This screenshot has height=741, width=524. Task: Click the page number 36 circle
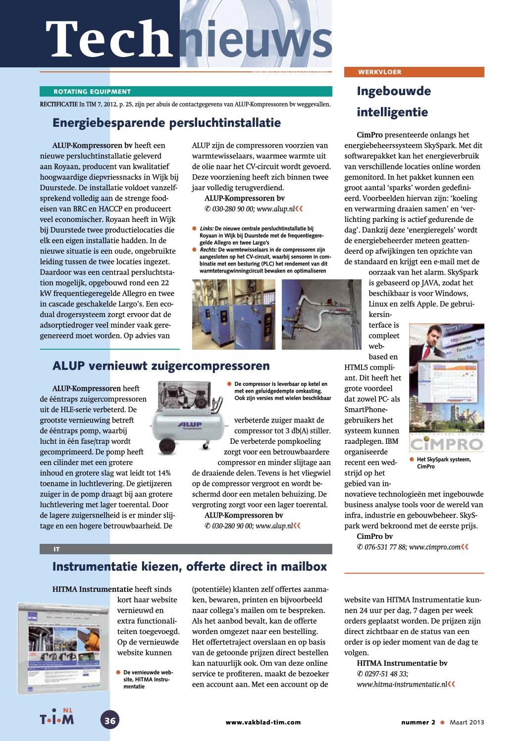pyautogui.click(x=110, y=720)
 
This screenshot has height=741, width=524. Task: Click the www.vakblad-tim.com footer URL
pyautogui.click(x=263, y=722)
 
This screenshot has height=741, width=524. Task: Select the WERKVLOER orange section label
pyautogui.click(x=380, y=72)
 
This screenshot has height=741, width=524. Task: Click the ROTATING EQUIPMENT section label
pyautogui.click(x=92, y=92)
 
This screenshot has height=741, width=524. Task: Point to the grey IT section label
pyautogui.click(x=56, y=549)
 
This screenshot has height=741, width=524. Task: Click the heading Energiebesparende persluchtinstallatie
pyautogui.click(x=166, y=123)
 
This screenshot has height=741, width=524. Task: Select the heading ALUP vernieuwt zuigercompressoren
pyautogui.click(x=161, y=366)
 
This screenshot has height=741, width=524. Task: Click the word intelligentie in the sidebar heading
pyautogui.click(x=392, y=112)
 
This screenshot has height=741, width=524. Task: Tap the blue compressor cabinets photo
pyautogui.click(x=233, y=315)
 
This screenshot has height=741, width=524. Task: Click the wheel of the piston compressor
pyautogui.click(x=167, y=446)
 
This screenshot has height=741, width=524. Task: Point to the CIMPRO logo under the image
pyautogui.click(x=447, y=443)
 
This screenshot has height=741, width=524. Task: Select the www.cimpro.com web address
pyautogui.click(x=435, y=547)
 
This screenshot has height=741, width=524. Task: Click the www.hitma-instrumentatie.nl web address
pyautogui.click(x=402, y=685)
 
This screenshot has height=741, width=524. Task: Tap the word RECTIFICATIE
pyautogui.click(x=59, y=105)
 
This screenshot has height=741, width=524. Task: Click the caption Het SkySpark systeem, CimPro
pyautogui.click(x=443, y=463)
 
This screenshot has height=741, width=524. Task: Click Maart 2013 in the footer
pyautogui.click(x=467, y=722)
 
